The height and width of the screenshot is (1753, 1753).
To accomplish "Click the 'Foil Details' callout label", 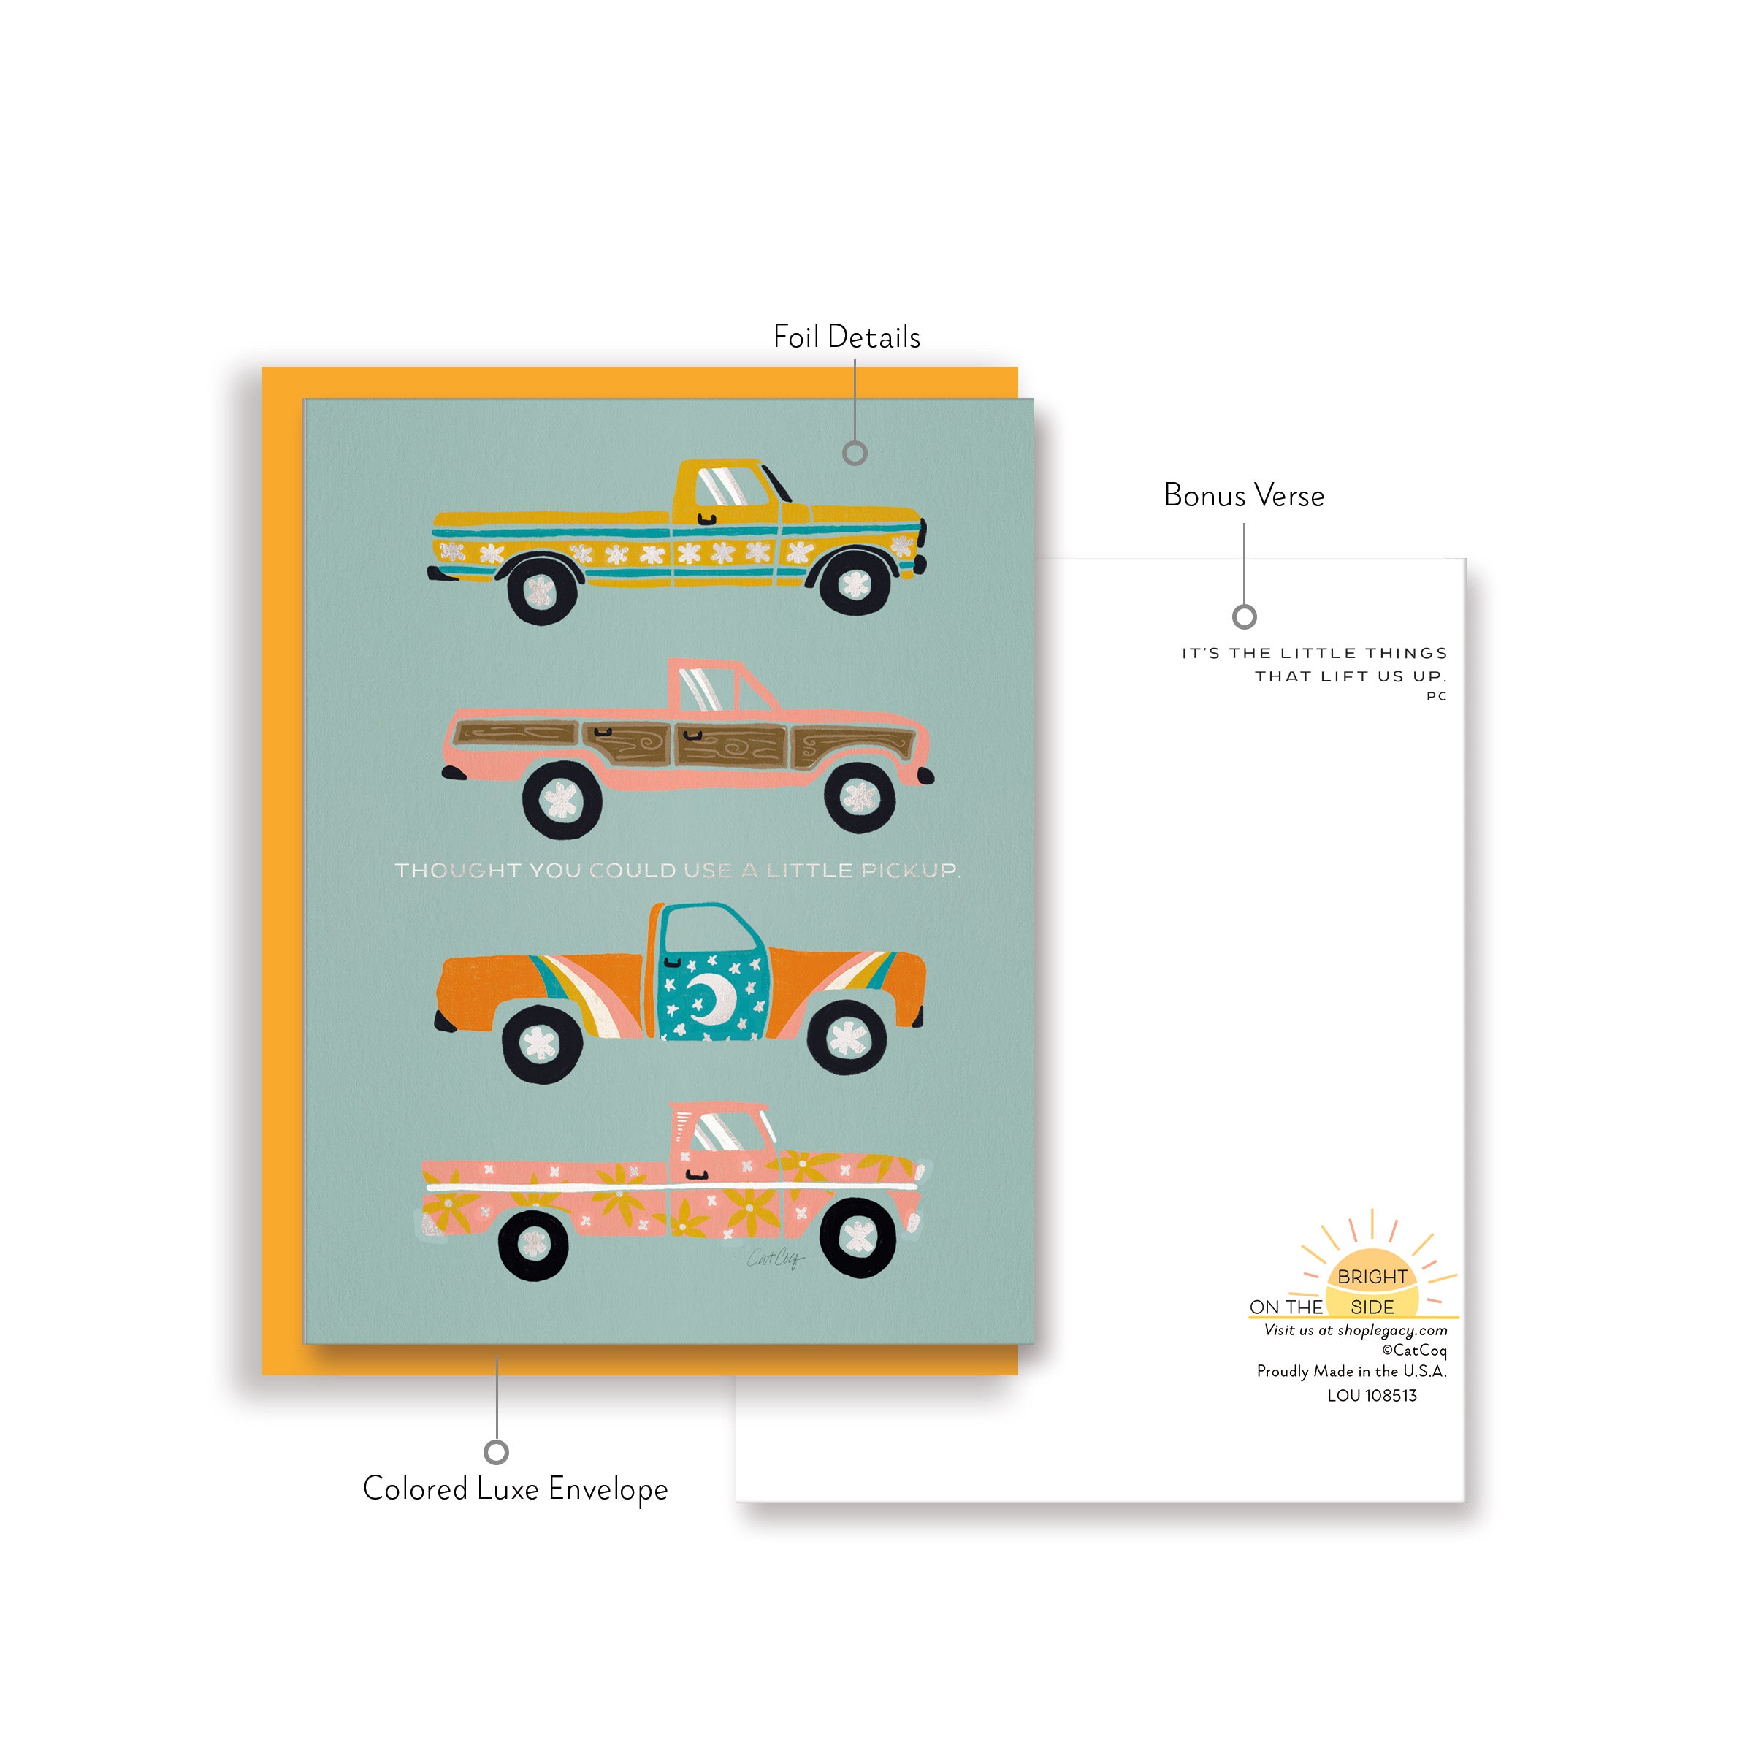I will [846, 337].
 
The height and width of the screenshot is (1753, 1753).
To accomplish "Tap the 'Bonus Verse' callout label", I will [1243, 495].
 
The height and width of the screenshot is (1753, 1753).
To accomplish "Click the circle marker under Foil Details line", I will [855, 453].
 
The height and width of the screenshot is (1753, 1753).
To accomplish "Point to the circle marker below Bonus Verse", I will [1244, 617].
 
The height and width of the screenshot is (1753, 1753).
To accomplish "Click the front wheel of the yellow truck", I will [854, 581].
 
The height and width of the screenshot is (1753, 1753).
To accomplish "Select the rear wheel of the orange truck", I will [542, 1044].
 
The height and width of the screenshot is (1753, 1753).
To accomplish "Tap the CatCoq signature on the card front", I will [774, 1258].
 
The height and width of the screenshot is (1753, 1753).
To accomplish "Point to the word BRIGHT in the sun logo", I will [1371, 1277].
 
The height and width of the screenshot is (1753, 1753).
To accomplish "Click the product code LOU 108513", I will [1371, 1396].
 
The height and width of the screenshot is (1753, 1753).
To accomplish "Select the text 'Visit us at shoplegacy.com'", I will [1355, 1330].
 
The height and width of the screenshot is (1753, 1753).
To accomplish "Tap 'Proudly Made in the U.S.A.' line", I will [1351, 1371].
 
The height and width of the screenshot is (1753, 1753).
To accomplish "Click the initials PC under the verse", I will [1435, 696].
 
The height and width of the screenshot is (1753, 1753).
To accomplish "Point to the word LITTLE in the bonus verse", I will [1318, 653].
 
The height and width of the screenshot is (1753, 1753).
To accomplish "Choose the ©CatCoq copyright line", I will [1413, 1350].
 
